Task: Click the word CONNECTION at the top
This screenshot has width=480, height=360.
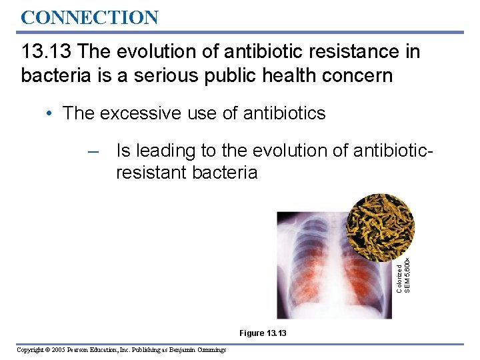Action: pyautogui.click(x=89, y=17)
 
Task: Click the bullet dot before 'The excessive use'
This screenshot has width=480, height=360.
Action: pyautogui.click(x=51, y=113)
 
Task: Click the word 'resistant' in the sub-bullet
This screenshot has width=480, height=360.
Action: pyautogui.click(x=151, y=173)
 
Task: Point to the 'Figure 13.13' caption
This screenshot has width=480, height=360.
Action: pyautogui.click(x=263, y=333)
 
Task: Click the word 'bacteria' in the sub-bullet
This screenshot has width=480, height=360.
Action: pyautogui.click(x=225, y=173)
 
